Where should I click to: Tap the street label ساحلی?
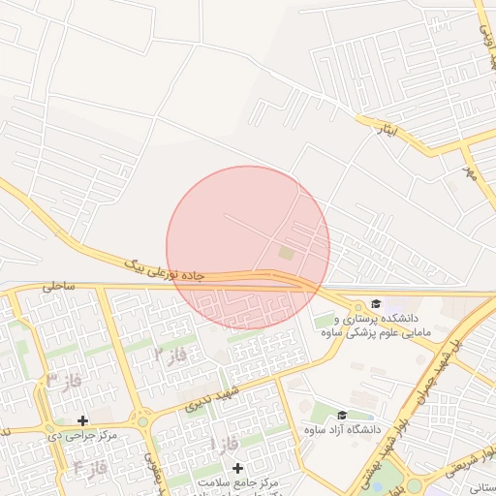tap(57, 287)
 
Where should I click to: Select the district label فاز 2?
tap(170, 355)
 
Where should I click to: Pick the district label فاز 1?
tap(222, 443)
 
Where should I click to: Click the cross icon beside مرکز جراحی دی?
tap(82, 421)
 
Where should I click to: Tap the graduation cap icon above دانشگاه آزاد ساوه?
tap(342, 415)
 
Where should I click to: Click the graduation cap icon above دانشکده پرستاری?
tap(376, 303)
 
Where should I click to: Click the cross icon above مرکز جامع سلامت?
tap(238, 468)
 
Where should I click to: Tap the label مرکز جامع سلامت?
tap(238, 481)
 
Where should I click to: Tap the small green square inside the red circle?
tap(285, 253)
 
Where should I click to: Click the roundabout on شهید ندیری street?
tap(143, 420)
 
